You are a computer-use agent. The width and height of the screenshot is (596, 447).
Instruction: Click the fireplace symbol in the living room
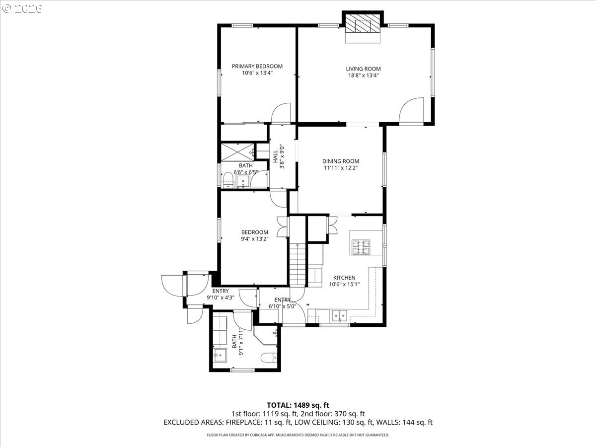[x=363, y=24]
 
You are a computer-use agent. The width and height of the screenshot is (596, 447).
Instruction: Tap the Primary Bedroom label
[x=257, y=66]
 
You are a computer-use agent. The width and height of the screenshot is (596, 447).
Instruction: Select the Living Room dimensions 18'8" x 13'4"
[x=363, y=75]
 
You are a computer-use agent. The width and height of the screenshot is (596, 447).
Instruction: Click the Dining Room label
[x=340, y=161]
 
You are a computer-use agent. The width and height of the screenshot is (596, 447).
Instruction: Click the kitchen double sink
[x=340, y=314]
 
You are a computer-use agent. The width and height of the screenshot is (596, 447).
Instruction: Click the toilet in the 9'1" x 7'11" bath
[x=269, y=357]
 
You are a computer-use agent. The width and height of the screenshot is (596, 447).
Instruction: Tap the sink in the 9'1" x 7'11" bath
[x=219, y=355]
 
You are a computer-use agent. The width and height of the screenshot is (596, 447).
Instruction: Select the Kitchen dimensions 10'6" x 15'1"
[x=344, y=285]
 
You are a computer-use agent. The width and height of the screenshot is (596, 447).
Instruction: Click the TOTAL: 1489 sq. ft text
[x=298, y=405]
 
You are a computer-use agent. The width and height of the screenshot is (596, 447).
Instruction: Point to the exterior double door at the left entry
[x=174, y=285]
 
